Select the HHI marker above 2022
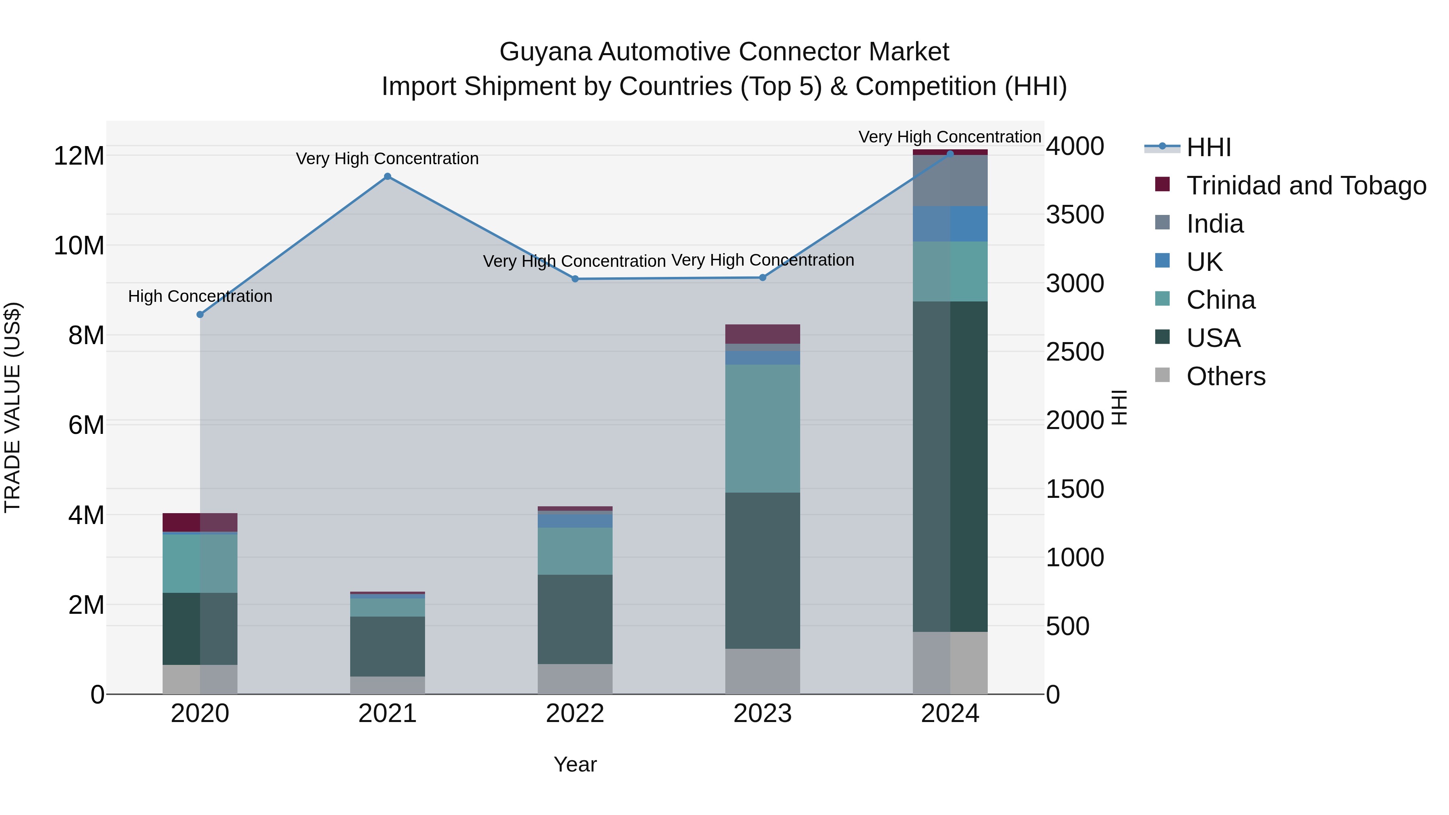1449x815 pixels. coord(575,279)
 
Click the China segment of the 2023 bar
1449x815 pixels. coord(762,429)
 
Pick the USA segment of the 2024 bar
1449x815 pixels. coord(950,467)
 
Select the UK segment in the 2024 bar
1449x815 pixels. coord(950,224)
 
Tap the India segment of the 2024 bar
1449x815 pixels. coord(950,181)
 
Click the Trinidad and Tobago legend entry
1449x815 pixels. coord(1306,186)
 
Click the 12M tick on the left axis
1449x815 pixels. coord(79,156)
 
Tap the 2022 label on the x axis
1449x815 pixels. coord(575,714)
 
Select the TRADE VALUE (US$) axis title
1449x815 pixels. coord(12,407)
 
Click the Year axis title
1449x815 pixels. coord(575,764)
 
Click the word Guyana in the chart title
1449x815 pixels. coord(546,52)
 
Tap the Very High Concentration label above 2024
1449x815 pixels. coord(949,137)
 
